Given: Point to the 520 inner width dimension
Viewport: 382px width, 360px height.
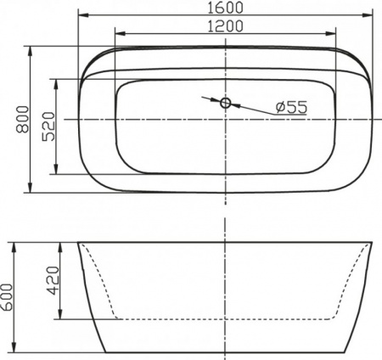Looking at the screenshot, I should [x=48, y=127].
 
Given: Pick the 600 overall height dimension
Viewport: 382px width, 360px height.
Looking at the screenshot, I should [x=8, y=297].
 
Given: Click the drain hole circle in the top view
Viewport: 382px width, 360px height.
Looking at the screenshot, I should [x=226, y=104].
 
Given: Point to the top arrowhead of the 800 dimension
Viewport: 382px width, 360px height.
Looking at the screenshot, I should [x=31, y=49].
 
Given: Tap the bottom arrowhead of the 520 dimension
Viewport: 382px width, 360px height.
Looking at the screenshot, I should [x=58, y=172].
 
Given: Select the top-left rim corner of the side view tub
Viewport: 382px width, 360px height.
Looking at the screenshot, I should [x=79, y=243].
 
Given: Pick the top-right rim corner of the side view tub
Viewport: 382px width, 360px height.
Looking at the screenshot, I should [x=372, y=243].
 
